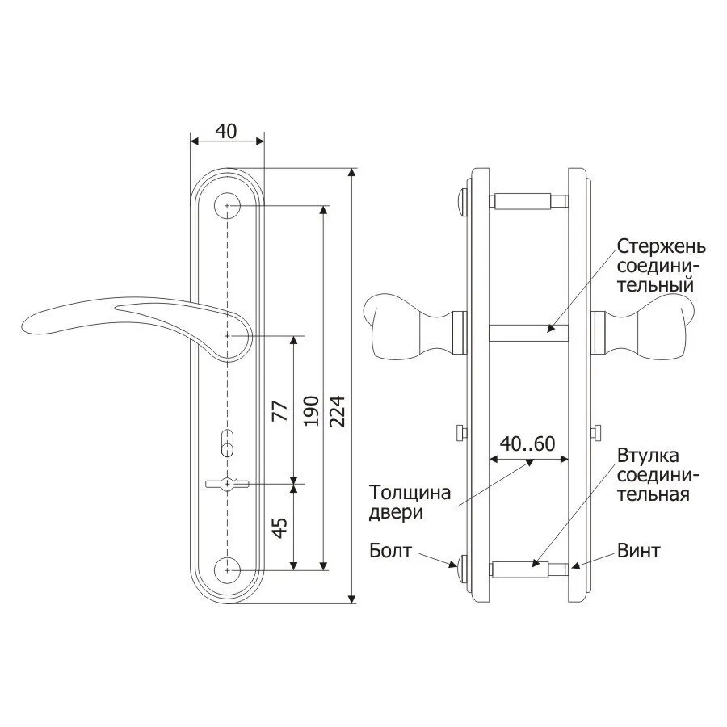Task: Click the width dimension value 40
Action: tap(226, 131)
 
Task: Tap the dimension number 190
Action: tap(311, 411)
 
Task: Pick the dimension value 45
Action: tap(280, 527)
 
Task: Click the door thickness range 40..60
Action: tap(527, 443)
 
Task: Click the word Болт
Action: tap(390, 551)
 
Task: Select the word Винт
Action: tap(638, 551)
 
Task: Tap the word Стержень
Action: tap(661, 246)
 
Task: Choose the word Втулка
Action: tap(648, 456)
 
